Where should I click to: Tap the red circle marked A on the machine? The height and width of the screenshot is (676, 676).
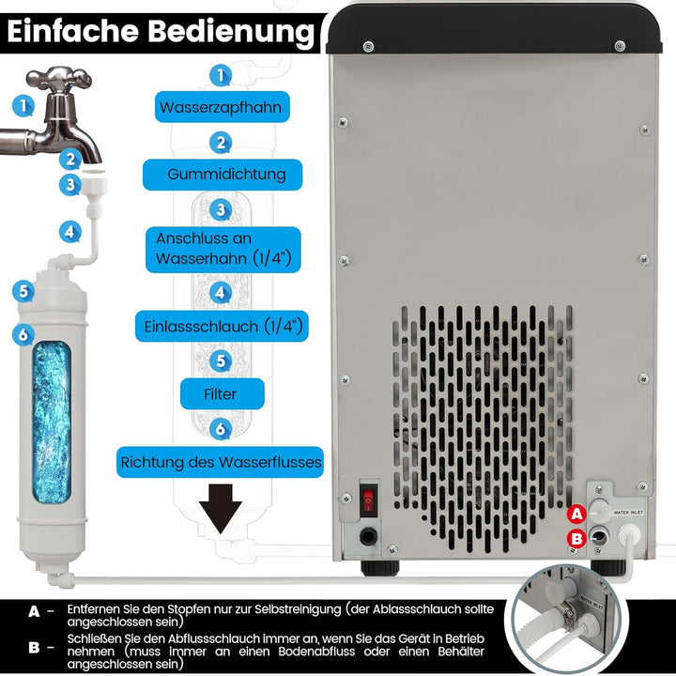[577, 514]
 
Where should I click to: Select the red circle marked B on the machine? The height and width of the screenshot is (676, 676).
[577, 538]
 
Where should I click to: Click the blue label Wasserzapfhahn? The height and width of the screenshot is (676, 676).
[220, 107]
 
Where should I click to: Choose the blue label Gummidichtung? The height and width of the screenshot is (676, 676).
[221, 175]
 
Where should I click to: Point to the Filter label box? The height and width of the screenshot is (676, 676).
[220, 394]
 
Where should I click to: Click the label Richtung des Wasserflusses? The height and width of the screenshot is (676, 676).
[221, 462]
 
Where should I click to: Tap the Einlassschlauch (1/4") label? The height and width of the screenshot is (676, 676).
[221, 326]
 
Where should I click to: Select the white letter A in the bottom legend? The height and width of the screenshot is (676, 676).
[35, 611]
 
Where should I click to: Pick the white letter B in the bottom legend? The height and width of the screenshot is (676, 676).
[35, 646]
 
